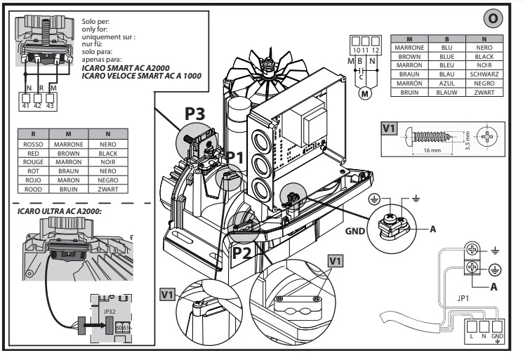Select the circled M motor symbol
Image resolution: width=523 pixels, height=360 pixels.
click(365, 94)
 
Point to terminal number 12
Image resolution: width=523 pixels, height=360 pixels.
click(377, 50)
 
